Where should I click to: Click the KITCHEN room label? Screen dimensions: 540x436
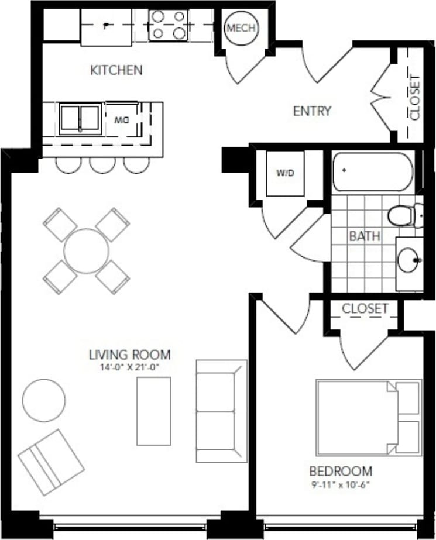(116, 70)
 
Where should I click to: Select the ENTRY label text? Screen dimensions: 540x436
(312, 111)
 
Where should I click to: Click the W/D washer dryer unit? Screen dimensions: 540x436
(284, 173)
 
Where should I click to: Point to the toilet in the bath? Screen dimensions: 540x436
(403, 216)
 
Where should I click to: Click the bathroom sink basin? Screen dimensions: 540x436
(409, 259)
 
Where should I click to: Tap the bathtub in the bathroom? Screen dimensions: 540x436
(373, 171)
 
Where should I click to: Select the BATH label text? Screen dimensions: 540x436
(365, 236)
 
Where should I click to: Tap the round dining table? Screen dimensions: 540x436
(87, 250)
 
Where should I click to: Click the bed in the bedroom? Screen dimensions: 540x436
(369, 417)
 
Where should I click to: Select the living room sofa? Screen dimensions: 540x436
(220, 411)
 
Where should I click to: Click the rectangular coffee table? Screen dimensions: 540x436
(154, 411)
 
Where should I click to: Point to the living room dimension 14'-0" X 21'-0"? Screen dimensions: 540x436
(129, 368)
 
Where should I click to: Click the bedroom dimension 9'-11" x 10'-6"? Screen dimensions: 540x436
(341, 484)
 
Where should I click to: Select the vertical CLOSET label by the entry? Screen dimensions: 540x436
(414, 97)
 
